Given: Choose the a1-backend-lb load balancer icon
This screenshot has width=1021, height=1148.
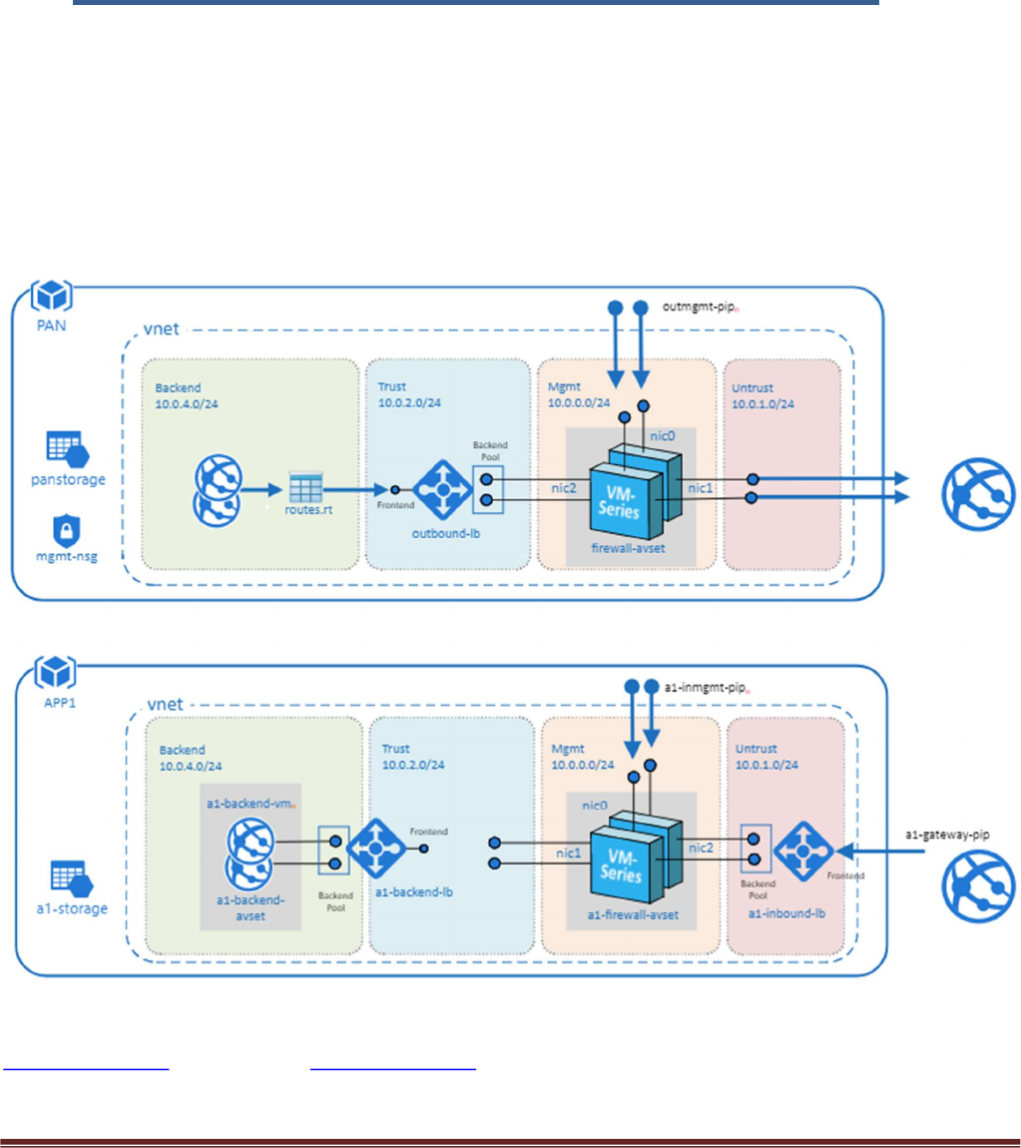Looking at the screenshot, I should coord(373,850).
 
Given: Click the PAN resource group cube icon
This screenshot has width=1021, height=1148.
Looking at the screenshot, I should coord(49,297).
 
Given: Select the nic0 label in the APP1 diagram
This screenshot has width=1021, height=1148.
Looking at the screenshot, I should coord(595,805).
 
